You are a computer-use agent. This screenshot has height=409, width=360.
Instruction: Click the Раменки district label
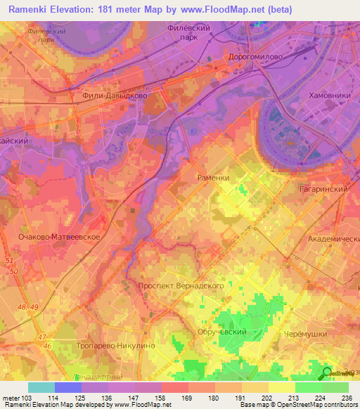[x=214, y=178]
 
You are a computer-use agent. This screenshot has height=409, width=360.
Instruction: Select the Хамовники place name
[x=329, y=95]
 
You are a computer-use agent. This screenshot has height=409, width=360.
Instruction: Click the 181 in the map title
[x=131, y=10]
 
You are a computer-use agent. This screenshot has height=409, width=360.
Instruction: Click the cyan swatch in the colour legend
[x=41, y=387]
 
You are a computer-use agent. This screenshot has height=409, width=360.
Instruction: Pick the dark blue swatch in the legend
[x=68, y=387]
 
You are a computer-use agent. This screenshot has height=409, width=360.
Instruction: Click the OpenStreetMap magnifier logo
[x=328, y=373]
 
